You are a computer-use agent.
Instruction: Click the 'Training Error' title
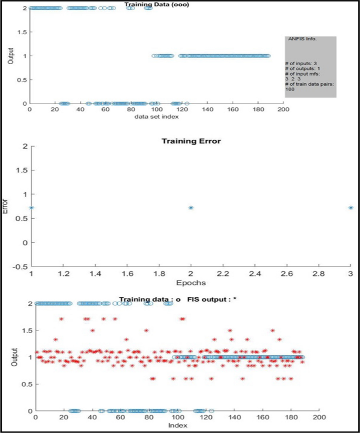coord(190,141)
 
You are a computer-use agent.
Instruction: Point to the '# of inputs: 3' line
coord(302,64)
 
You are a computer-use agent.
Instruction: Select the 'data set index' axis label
coord(156,116)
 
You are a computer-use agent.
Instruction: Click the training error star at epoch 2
coord(191,208)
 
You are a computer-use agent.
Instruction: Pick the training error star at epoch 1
coord(32,208)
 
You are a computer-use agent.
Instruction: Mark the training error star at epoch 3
coord(351,208)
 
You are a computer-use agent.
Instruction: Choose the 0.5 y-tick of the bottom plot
coord(24,384)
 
